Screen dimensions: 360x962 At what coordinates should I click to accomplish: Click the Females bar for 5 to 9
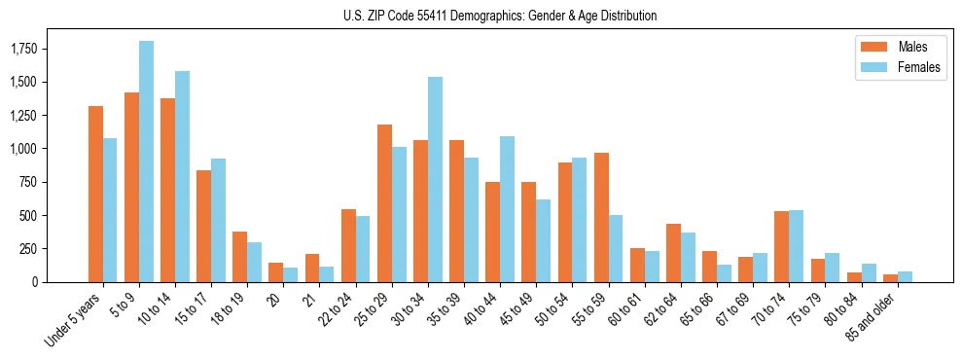pyautogui.click(x=146, y=162)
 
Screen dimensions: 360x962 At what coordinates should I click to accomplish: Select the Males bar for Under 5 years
pyautogui.click(x=95, y=194)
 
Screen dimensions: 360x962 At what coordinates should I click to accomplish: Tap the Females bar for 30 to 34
pyautogui.click(x=435, y=179)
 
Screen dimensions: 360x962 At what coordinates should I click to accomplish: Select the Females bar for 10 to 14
pyautogui.click(x=182, y=176)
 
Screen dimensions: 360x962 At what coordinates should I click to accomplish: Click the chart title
pyautogui.click(x=500, y=16)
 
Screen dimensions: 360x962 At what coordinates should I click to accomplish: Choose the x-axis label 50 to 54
pyautogui.click(x=556, y=307)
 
